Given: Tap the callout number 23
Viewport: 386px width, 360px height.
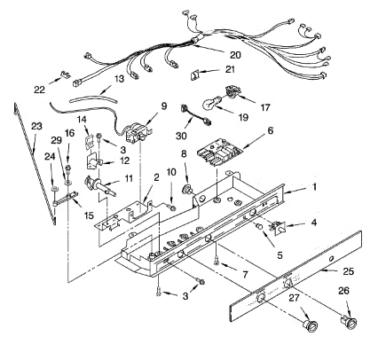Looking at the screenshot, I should pos(35,126).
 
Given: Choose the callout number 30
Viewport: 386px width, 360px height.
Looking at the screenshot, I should pos(182,137).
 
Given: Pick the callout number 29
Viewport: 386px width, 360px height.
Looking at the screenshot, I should pos(56,141).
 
